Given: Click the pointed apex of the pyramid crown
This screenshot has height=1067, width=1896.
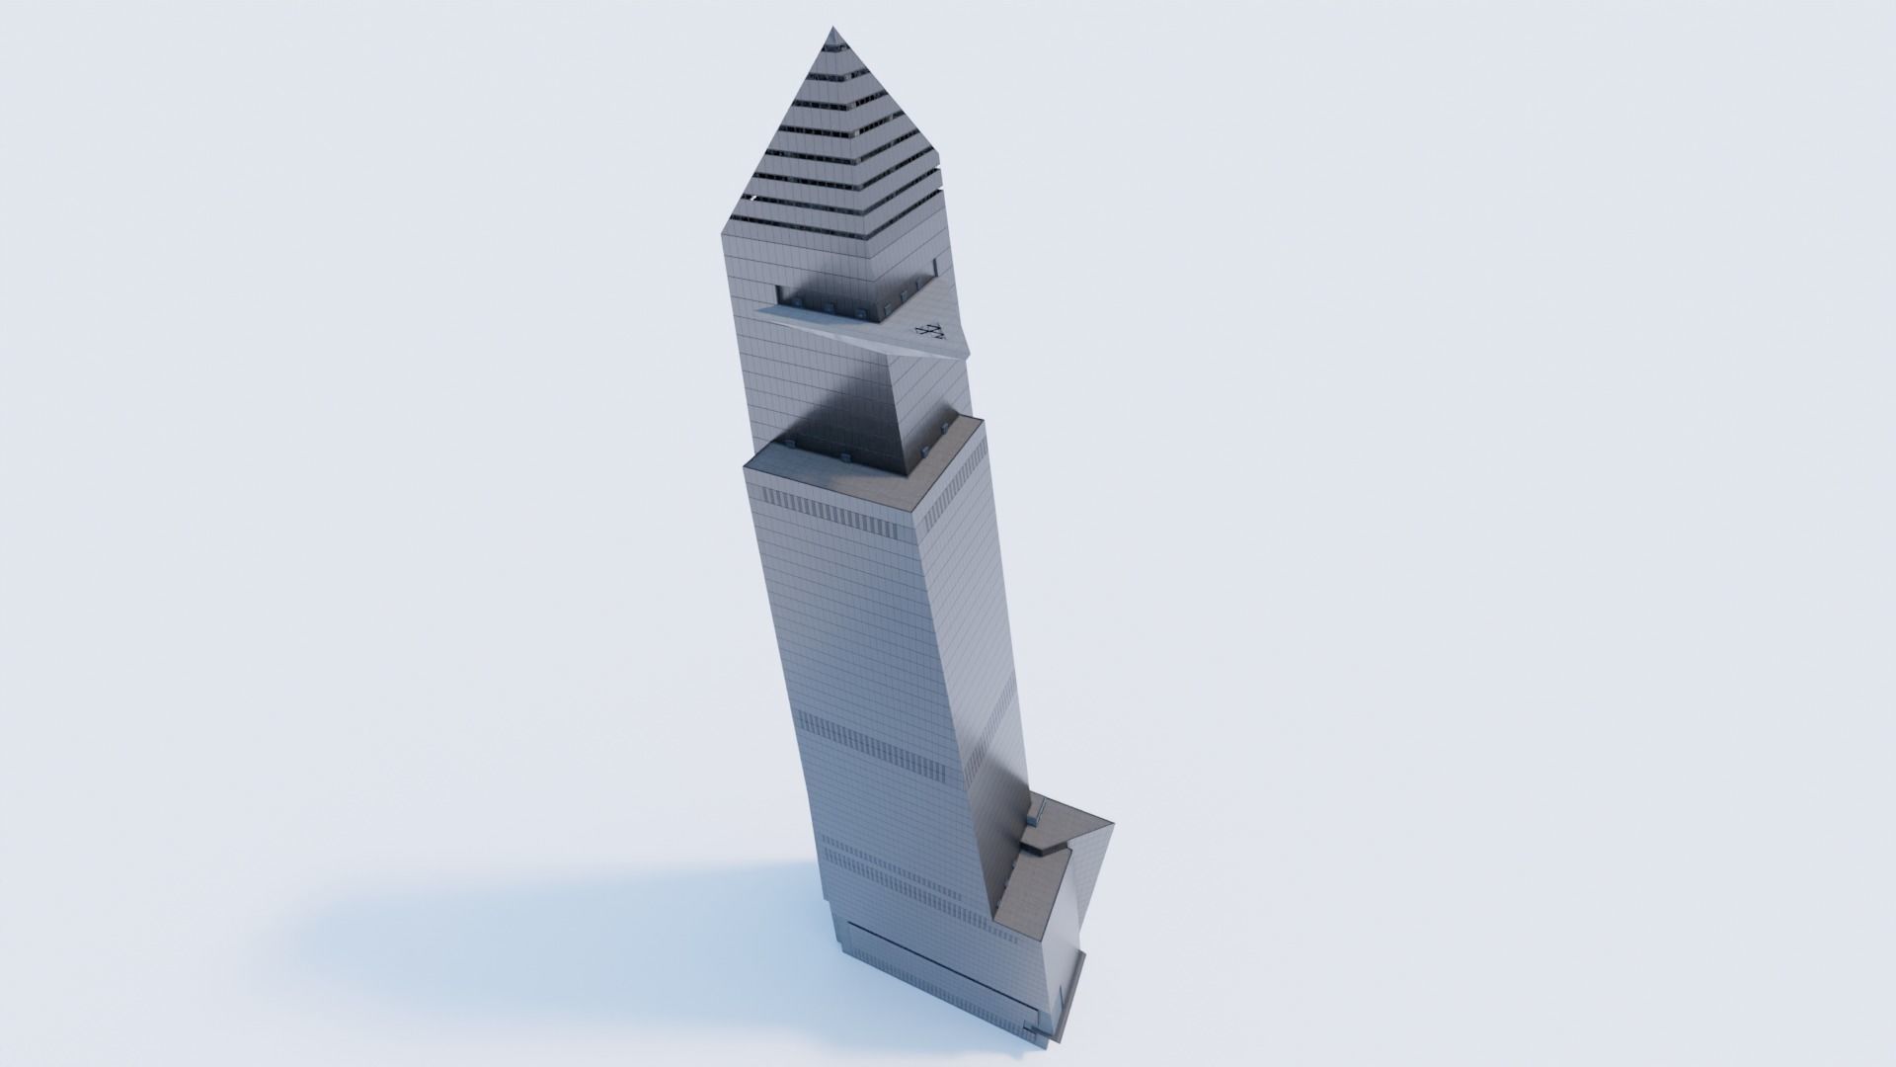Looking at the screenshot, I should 835,32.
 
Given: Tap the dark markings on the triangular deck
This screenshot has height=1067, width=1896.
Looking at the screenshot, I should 931,331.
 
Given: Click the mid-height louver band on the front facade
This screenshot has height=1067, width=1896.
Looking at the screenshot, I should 869,736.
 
